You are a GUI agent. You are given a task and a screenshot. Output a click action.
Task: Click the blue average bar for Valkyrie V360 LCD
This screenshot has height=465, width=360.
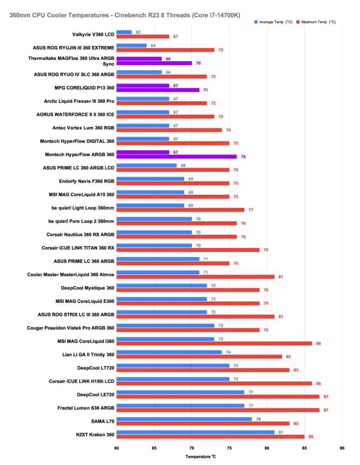124,32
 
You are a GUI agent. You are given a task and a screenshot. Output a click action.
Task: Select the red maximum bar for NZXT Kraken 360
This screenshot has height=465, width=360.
210,437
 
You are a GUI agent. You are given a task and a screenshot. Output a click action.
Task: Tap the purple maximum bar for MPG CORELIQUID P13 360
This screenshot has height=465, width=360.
158,90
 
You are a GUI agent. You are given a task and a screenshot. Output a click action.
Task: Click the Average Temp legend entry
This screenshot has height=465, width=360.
272,22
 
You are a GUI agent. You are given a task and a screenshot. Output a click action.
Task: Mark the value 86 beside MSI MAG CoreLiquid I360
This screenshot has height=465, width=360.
318,344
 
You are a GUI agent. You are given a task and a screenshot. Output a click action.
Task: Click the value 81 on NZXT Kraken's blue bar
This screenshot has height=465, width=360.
281,432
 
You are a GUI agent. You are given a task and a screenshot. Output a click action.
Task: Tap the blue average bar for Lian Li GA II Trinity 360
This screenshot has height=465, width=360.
169,352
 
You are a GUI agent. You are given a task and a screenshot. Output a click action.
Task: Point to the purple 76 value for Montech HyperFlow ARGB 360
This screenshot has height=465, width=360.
243,157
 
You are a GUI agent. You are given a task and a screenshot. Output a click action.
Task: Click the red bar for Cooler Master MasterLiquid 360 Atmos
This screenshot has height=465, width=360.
195,277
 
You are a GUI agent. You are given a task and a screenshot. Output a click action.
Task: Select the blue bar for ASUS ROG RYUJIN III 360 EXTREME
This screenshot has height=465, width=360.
131,45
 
